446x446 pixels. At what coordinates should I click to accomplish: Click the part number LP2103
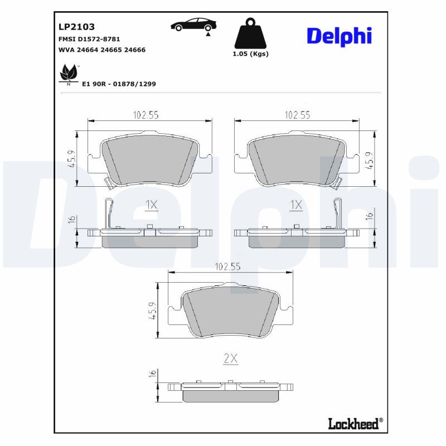point(76,27)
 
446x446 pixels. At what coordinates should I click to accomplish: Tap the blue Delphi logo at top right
point(340,36)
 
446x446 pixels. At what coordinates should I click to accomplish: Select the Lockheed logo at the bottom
point(356,424)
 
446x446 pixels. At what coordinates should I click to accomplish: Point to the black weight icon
point(250,33)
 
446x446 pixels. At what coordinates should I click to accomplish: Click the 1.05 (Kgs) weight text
point(250,54)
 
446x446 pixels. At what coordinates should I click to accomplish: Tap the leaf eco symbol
point(69,74)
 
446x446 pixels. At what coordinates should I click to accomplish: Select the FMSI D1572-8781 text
point(89,39)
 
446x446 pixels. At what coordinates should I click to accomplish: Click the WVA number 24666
point(135,50)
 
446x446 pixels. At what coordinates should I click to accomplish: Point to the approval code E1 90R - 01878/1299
point(119,84)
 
